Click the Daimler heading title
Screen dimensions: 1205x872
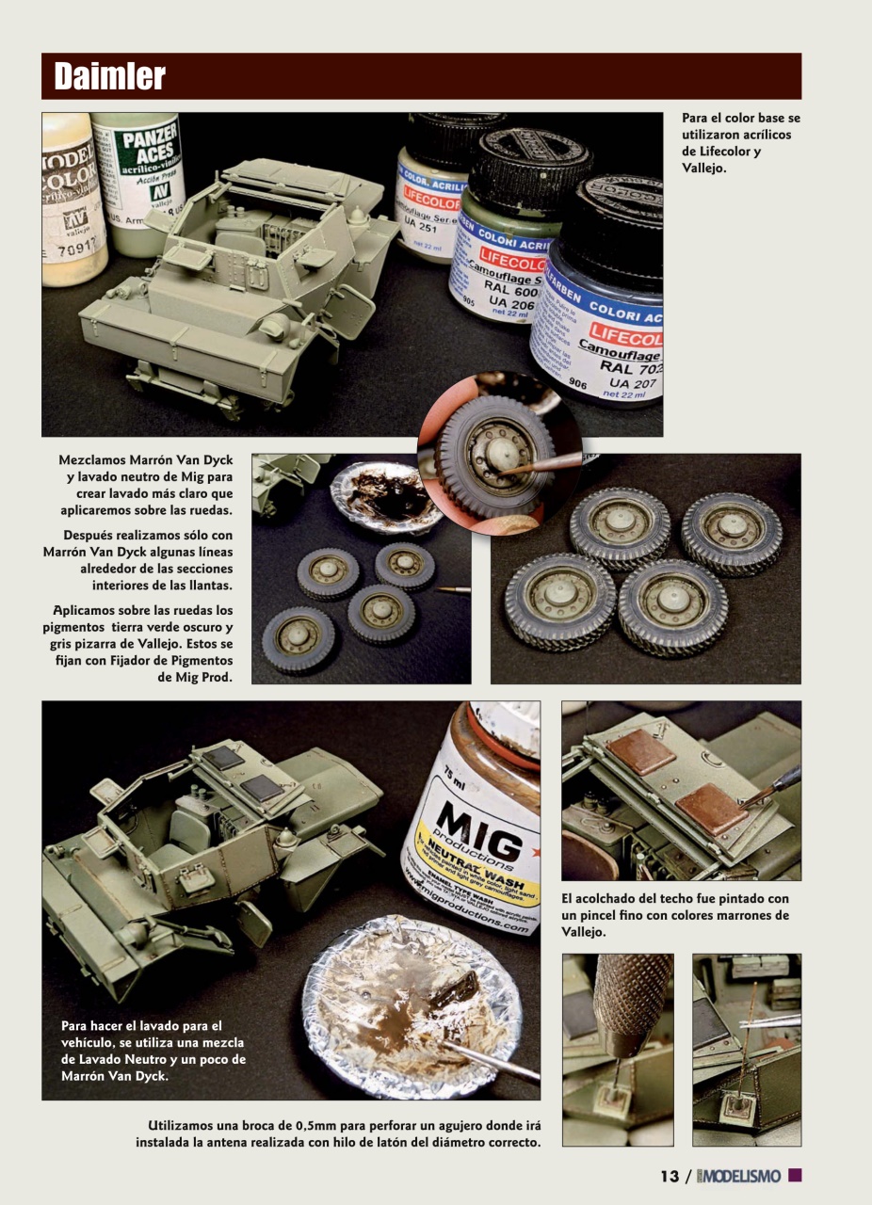[109, 76]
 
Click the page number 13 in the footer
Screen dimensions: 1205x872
[669, 1177]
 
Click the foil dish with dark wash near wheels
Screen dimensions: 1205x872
[386, 497]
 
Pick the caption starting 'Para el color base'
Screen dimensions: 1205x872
[740, 143]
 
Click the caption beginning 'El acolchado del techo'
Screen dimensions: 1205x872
[675, 915]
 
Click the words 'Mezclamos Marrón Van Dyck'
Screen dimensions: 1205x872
[145, 460]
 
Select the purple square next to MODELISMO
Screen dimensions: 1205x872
[794, 1176]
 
